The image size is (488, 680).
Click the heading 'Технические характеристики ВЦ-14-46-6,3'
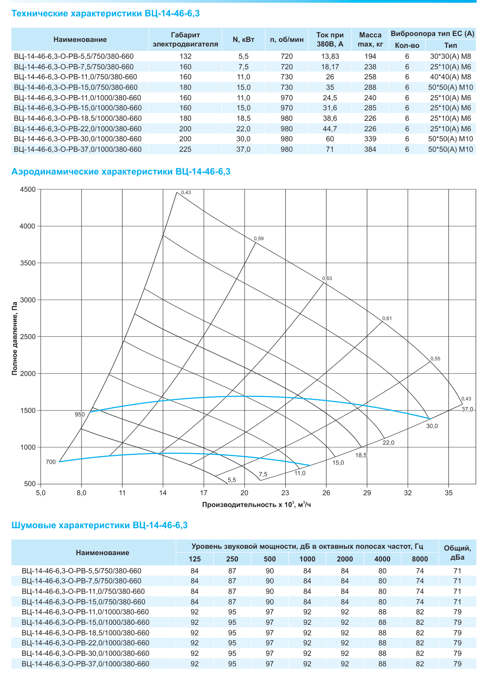tap(105, 14)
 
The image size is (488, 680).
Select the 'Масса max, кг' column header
tap(370, 40)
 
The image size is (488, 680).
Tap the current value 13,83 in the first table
tap(330, 56)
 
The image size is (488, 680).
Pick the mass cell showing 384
tap(370, 149)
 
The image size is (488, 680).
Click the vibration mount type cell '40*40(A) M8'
tap(450, 77)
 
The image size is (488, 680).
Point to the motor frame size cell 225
tap(185, 149)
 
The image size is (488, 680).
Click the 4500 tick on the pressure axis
tap(28, 190)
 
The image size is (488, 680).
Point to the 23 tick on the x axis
tap(285, 493)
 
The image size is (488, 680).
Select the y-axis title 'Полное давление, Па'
tap(14, 338)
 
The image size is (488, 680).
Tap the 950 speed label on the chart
tap(80, 414)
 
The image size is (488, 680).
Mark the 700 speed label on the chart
tap(51, 462)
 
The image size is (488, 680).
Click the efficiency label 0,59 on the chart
tap(259, 238)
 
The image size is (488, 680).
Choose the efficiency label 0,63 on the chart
tap(327, 278)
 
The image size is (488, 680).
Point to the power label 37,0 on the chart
tap(467, 409)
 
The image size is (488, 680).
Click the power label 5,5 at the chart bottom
tap(232, 479)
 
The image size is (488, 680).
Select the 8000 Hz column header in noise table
tap(420, 559)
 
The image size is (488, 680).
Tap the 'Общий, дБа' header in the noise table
tap(457, 552)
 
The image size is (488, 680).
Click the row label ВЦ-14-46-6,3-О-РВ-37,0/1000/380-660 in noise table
tap(86, 664)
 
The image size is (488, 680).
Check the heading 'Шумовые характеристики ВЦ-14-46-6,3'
tap(99, 525)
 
